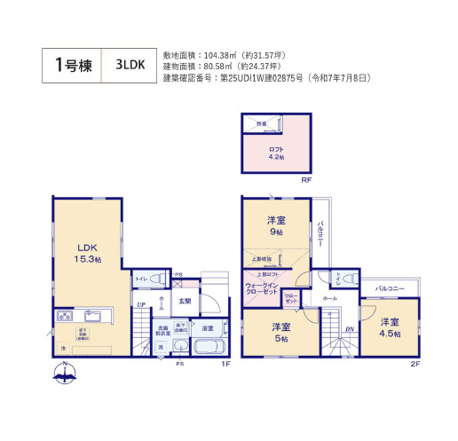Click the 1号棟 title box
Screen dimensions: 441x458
(72, 65)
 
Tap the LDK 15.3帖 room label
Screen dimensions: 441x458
(87, 252)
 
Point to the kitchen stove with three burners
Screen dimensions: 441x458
(65, 317)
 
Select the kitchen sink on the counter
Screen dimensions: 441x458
(93, 316)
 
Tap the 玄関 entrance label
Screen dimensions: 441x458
(185, 302)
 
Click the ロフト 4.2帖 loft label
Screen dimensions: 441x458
(277, 152)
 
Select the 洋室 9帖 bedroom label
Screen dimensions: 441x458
(277, 225)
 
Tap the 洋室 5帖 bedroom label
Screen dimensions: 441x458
(280, 332)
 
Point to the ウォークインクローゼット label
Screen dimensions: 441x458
(263, 288)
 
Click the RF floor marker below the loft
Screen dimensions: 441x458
(305, 179)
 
